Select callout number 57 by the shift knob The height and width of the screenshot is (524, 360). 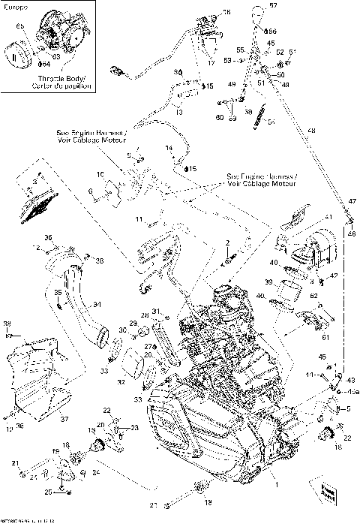[273, 6]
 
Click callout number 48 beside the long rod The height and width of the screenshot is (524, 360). [311, 131]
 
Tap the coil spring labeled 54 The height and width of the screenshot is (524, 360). [259, 114]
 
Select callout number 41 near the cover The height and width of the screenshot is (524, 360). [328, 217]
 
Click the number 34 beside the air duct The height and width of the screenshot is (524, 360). [95, 304]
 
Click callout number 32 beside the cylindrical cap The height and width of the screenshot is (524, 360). [120, 381]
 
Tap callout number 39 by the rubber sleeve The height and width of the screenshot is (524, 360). [268, 282]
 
